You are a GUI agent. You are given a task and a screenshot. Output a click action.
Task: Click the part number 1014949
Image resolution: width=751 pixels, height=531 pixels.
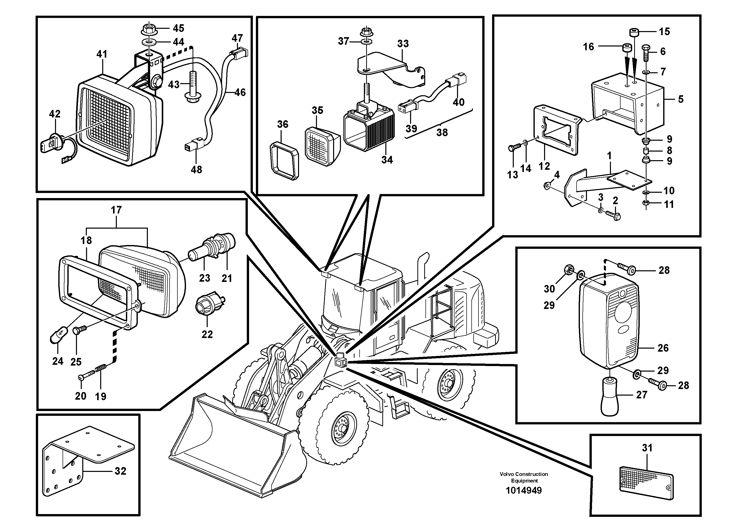[524, 490]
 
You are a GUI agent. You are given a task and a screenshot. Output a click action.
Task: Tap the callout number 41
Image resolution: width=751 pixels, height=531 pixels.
[102, 54]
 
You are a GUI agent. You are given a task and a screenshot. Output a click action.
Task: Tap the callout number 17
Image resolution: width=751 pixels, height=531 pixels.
[116, 210]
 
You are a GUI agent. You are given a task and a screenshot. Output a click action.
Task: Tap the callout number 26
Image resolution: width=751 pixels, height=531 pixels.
[663, 348]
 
